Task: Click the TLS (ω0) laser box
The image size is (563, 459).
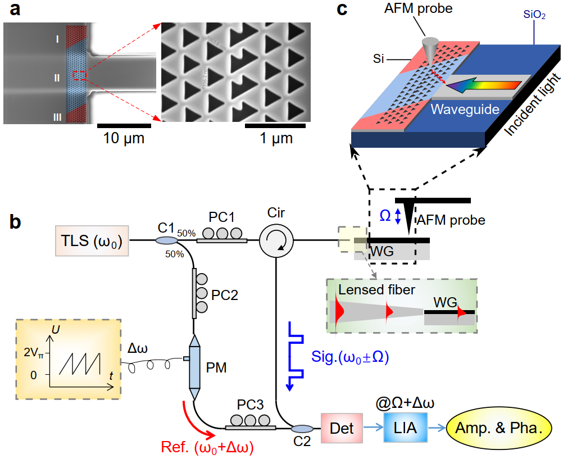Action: [x=92, y=240]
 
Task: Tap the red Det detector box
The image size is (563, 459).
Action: [x=342, y=428]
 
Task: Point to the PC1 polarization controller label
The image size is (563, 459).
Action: [x=221, y=216]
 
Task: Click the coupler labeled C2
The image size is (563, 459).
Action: [x=302, y=429]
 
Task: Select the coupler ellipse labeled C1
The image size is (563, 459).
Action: [x=166, y=240]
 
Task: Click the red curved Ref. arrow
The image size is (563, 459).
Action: [x=197, y=421]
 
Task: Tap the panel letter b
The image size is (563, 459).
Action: [x=17, y=221]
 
